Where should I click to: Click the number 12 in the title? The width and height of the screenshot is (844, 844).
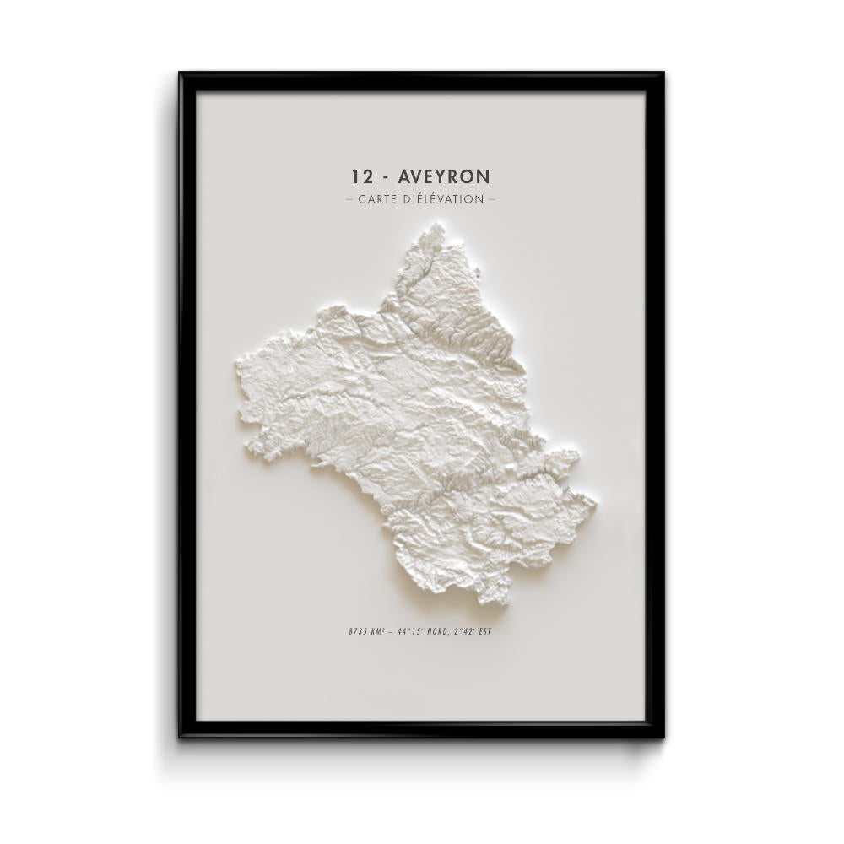pos(361,176)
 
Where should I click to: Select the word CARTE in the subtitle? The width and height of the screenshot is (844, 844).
pos(377,200)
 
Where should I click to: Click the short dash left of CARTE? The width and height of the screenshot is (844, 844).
pos(350,200)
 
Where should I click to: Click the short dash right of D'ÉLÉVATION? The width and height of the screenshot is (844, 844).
pos(492,200)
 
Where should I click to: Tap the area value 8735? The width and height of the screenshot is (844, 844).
pos(356,630)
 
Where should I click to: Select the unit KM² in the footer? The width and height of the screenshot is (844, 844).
pos(376,630)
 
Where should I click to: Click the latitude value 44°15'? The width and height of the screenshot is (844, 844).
pos(411,630)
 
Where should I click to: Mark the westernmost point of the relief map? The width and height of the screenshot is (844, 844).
pos(235,365)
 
